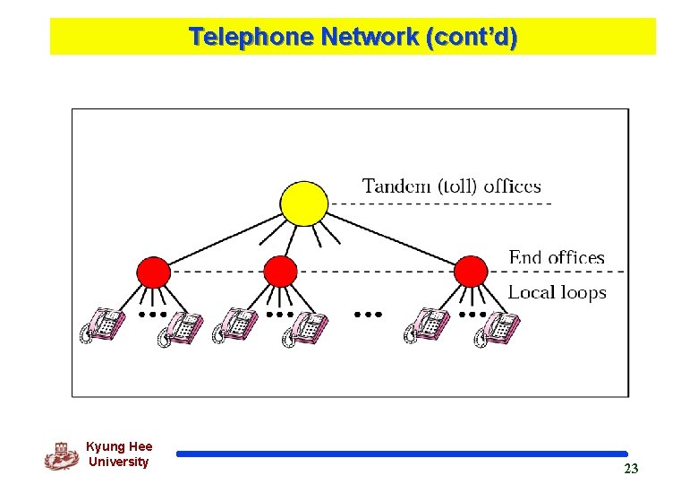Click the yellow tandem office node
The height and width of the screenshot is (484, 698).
pyautogui.click(x=303, y=204)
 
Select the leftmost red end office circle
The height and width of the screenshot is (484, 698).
pyautogui.click(x=153, y=271)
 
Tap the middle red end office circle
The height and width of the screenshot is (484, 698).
pyautogui.click(x=280, y=271)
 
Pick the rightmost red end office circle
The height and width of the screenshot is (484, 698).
pyautogui.click(x=471, y=271)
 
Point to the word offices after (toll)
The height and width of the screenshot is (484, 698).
pyautogui.click(x=512, y=186)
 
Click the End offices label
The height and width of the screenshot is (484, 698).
pyautogui.click(x=557, y=258)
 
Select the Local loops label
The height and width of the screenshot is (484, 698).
pyautogui.click(x=557, y=292)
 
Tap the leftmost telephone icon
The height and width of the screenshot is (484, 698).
pyautogui.click(x=101, y=325)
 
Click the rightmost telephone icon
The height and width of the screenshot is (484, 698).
pyautogui.click(x=496, y=329)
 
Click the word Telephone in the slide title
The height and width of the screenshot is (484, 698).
pyautogui.click(x=251, y=38)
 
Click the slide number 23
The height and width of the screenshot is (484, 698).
pyautogui.click(x=631, y=469)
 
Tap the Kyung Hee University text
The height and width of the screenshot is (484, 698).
pyautogui.click(x=119, y=454)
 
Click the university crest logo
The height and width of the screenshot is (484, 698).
pyautogui.click(x=62, y=456)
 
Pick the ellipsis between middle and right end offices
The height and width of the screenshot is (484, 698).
pyautogui.click(x=368, y=315)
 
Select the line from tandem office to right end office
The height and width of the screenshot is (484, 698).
pyautogui.click(x=394, y=238)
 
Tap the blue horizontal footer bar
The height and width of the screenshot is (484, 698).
pyautogui.click(x=402, y=454)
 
